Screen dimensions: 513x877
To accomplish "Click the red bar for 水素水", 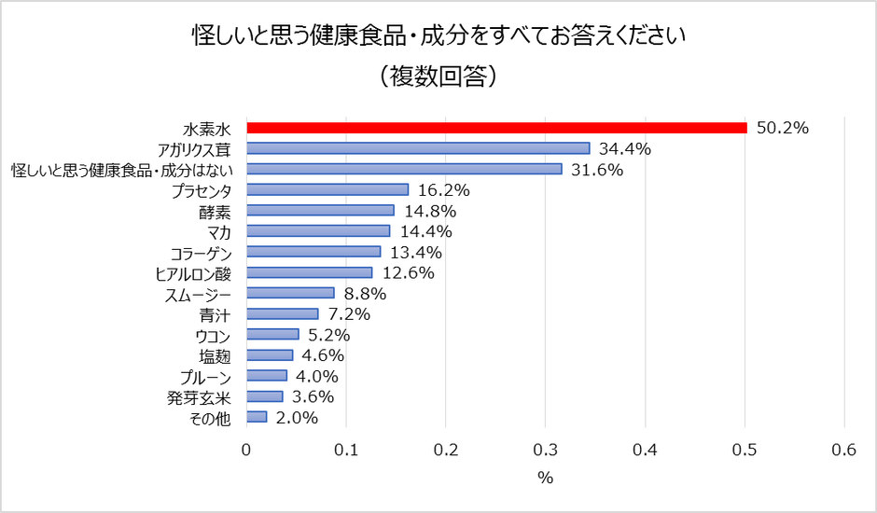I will pos(496,128).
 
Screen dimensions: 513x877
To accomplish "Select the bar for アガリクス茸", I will pos(418,148).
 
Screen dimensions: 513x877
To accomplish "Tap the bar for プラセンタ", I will pos(327,189).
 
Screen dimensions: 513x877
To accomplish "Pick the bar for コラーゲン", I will pos(313,252).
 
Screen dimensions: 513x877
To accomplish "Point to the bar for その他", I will pos(257,417).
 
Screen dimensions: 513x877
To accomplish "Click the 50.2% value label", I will pos(782,128).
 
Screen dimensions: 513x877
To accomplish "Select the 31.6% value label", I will pos(597,169).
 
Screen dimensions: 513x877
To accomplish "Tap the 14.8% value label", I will pos(429,211).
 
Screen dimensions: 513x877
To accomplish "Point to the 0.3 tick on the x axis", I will pos(545,450).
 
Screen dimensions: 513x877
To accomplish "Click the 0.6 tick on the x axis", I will pos(843,450).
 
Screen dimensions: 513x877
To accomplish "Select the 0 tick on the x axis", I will pos(246,450).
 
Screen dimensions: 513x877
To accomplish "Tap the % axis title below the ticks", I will pos(545,478).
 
